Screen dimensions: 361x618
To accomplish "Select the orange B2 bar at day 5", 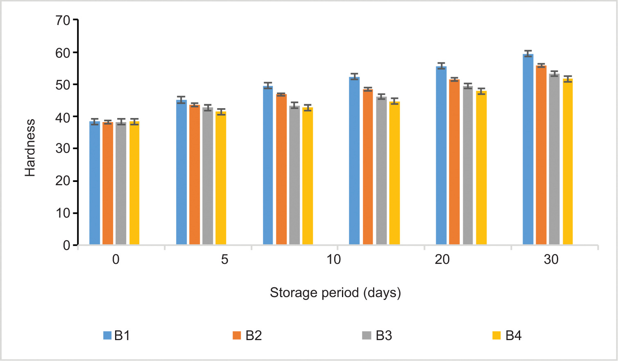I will [x=195, y=175].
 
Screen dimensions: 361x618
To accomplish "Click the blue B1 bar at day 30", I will [x=528, y=150].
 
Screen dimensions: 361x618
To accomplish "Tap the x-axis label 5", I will [x=224, y=259].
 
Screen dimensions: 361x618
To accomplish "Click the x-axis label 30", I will [x=551, y=259].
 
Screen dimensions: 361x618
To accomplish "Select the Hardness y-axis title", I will [x=30, y=148].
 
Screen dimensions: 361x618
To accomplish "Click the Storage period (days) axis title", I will [x=335, y=293].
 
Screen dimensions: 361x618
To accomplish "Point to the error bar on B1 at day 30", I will [x=528, y=53].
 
